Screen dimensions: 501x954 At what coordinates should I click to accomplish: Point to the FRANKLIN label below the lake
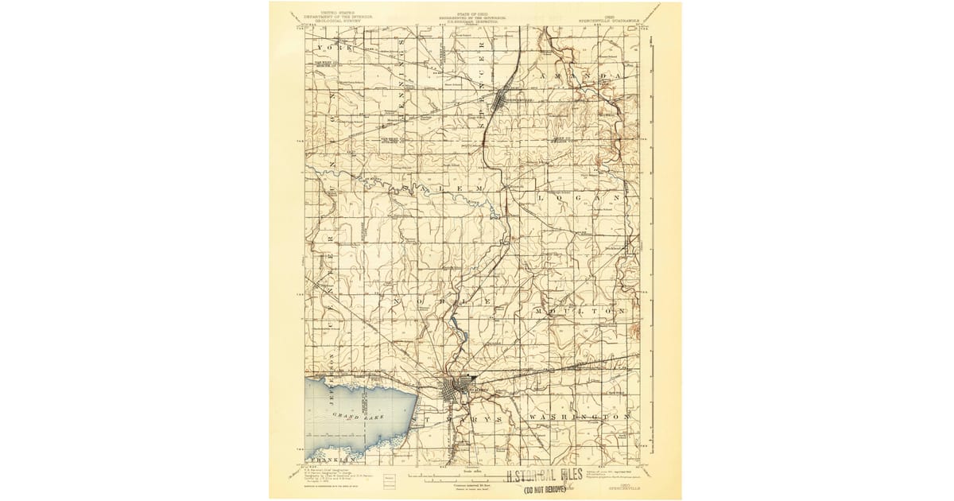point(328,460)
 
